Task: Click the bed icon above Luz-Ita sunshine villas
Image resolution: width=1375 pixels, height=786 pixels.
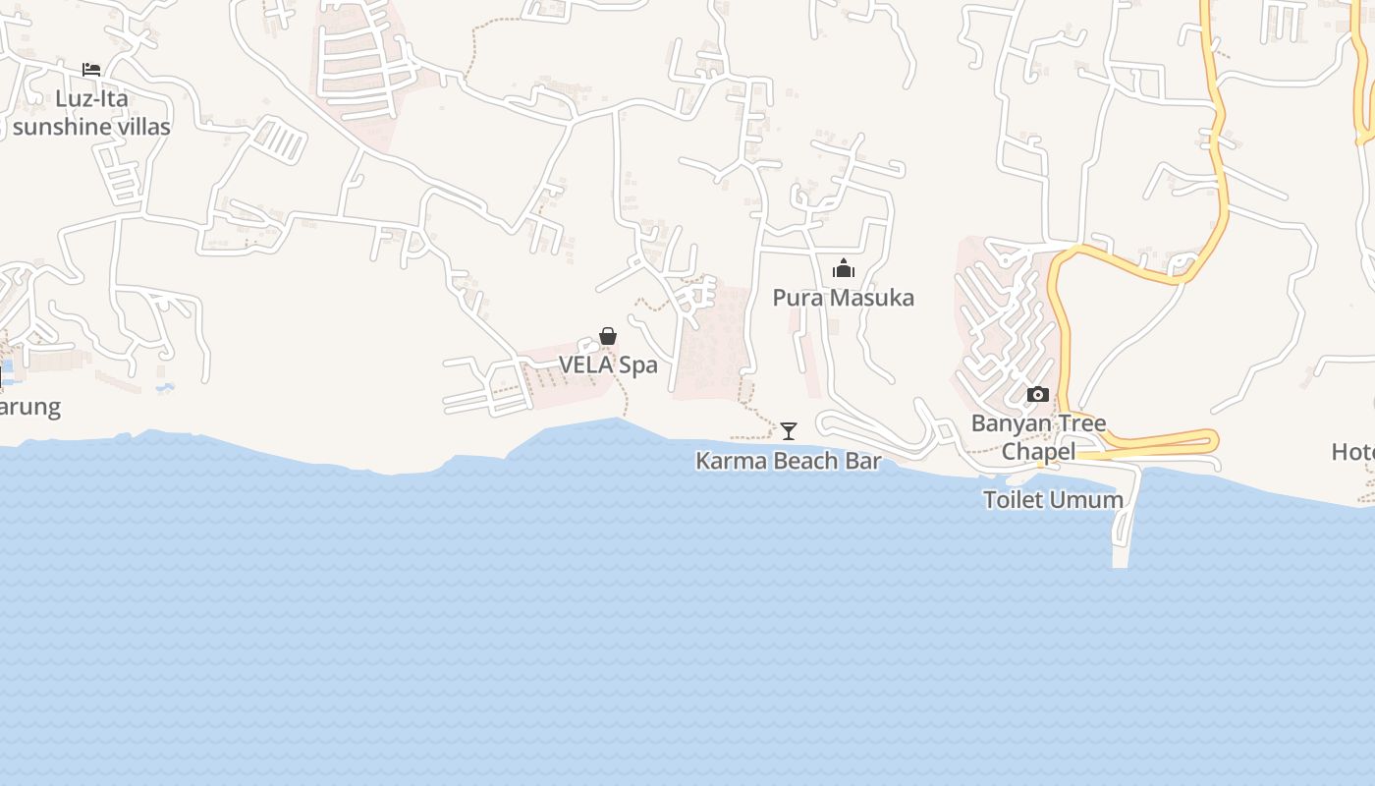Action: coord(91,69)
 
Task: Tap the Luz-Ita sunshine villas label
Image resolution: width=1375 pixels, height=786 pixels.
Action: coord(91,113)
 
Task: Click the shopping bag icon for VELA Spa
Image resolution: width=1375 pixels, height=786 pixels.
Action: coord(608,337)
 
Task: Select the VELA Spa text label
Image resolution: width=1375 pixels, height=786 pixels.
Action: coord(608,365)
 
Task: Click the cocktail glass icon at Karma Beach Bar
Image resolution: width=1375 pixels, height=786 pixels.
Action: coord(789,430)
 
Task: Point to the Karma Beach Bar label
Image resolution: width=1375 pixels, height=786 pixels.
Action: coord(789,461)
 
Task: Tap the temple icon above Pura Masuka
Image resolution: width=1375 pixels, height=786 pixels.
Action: coord(843,268)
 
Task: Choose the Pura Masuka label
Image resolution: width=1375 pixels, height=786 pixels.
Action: coord(843,298)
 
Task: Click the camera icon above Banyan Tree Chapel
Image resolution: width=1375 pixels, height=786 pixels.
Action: coord(1038,395)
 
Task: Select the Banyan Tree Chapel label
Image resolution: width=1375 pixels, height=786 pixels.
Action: coord(1038,437)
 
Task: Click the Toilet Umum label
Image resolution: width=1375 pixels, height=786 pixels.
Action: coord(1053,499)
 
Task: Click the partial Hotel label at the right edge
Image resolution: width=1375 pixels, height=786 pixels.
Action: coord(1353,452)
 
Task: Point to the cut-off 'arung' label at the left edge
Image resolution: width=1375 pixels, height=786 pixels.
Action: coord(29,407)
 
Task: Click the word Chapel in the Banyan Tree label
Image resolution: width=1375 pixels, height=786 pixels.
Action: coord(1038,452)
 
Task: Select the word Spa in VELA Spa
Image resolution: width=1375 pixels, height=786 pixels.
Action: coord(637,365)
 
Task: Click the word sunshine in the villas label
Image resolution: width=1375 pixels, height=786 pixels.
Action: coord(59,127)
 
